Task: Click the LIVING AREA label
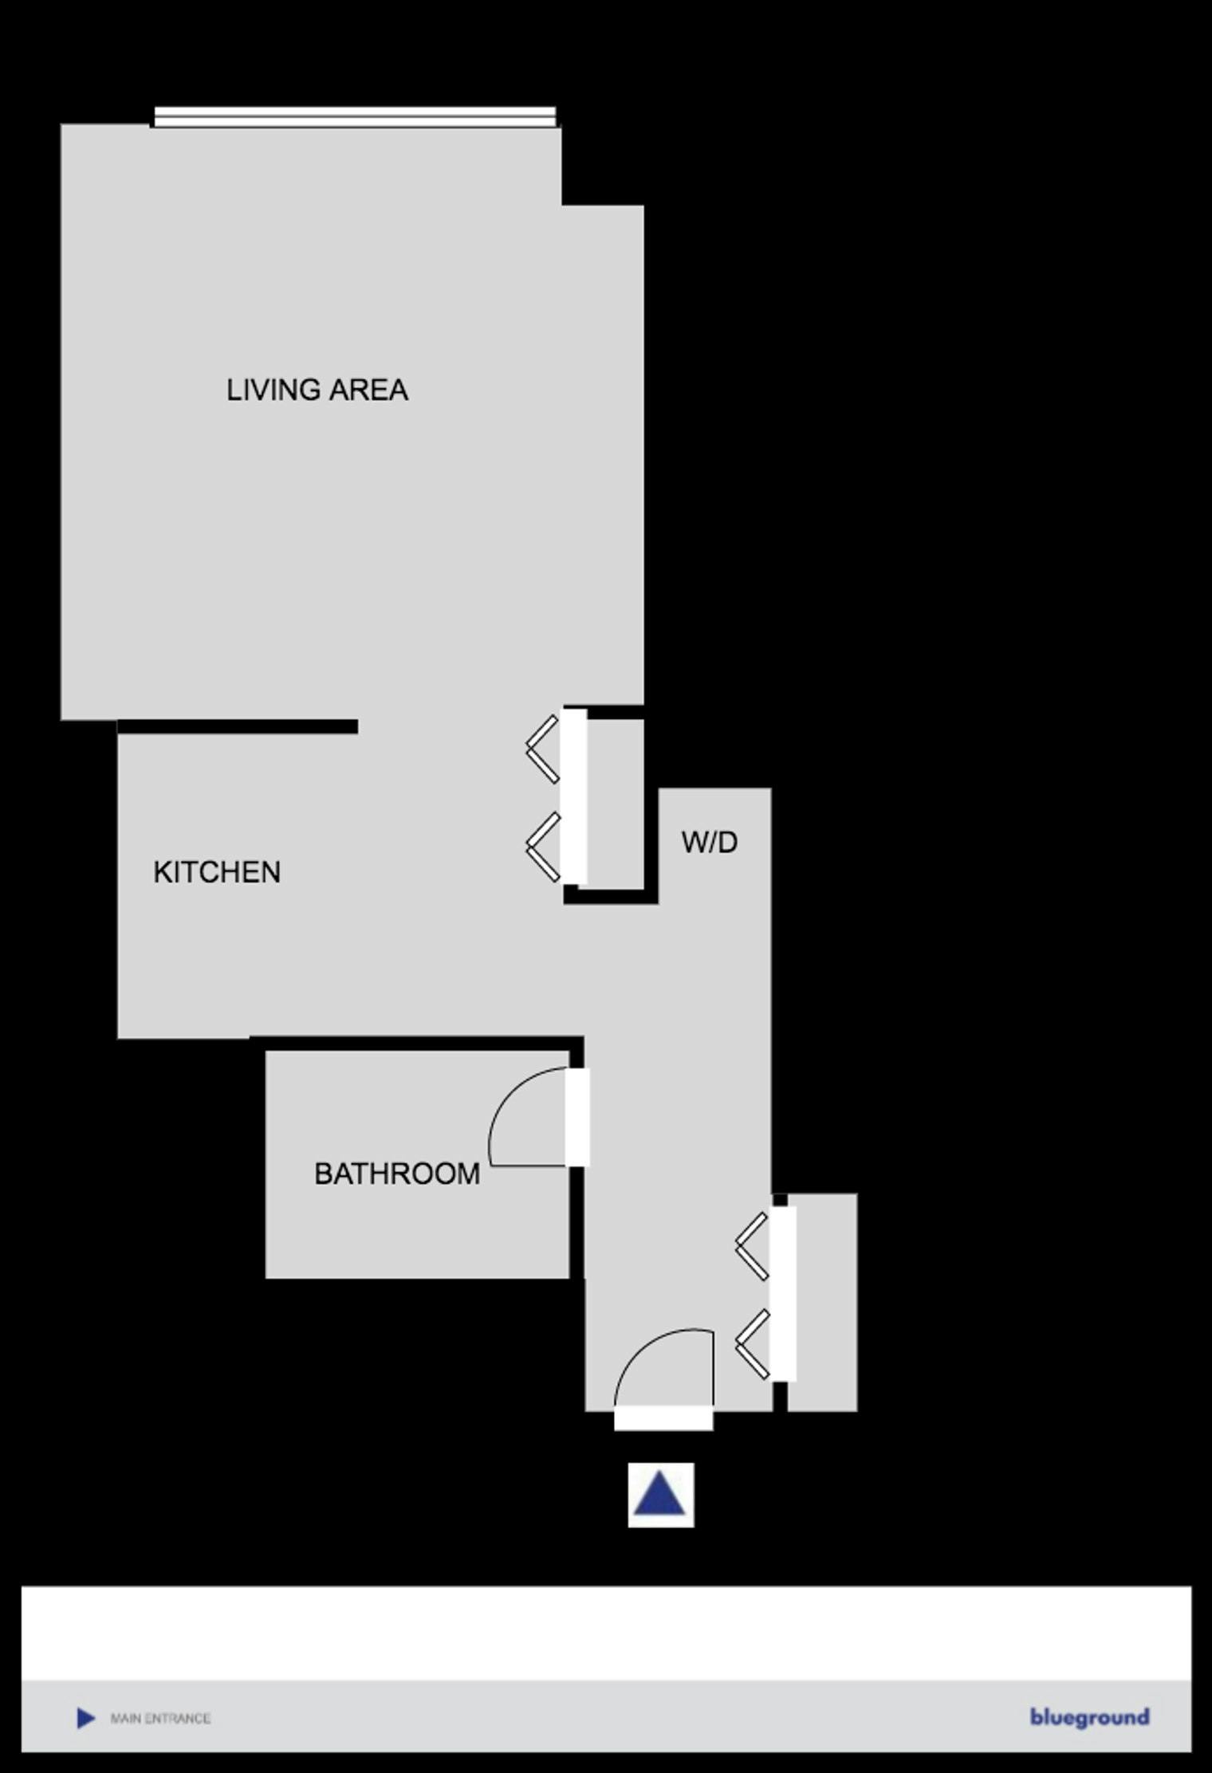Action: tap(317, 390)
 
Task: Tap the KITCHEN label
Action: tap(217, 872)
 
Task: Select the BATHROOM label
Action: tap(397, 1173)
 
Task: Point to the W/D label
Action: tap(710, 842)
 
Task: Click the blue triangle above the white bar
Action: tap(659, 1495)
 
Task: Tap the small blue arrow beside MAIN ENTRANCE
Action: tap(85, 1718)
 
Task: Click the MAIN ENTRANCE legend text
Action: tap(160, 1718)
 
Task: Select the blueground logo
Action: tap(1089, 1717)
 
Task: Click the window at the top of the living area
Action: tap(355, 116)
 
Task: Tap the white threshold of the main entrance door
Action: tap(663, 1418)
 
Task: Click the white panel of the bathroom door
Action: tap(578, 1117)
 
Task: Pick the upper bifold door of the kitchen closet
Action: tap(542, 749)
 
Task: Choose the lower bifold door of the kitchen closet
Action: tap(542, 847)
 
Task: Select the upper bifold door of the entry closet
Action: tap(752, 1246)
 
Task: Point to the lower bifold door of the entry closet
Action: tap(752, 1345)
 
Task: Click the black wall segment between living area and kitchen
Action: tap(238, 726)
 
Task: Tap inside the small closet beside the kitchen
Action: tap(616, 804)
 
